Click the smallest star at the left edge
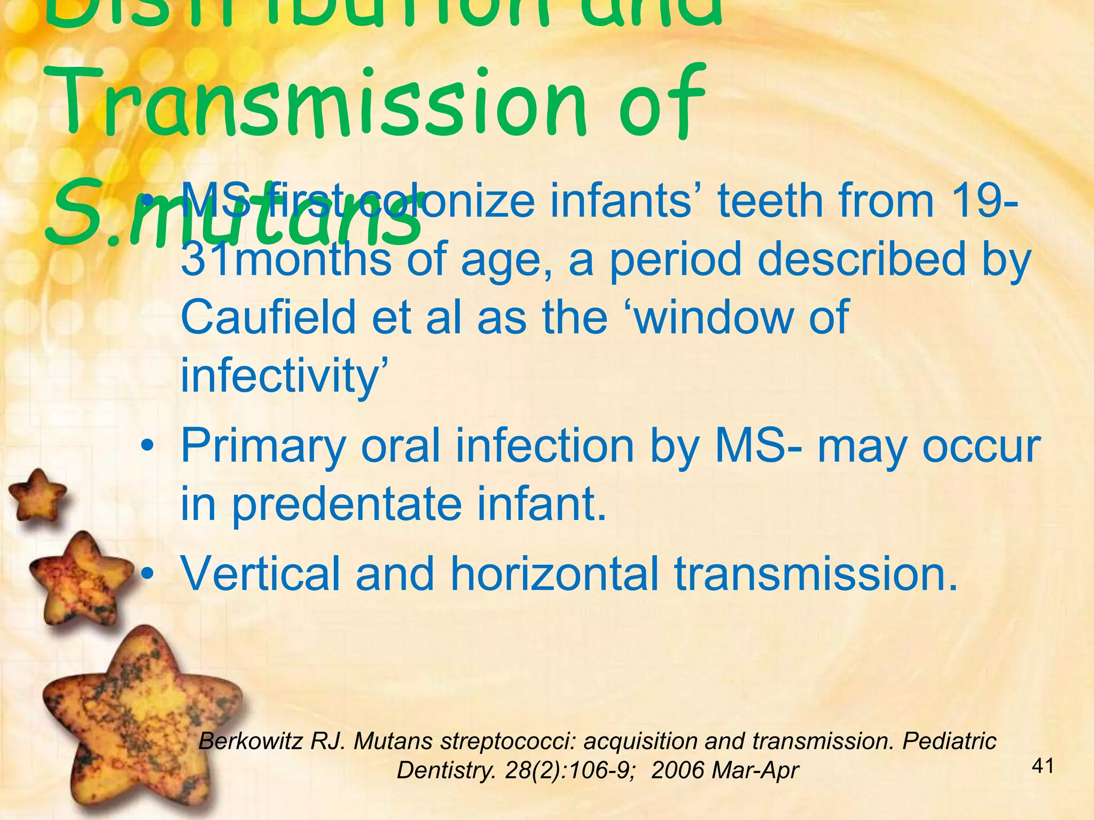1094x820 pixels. point(37,494)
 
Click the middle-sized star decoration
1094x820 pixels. point(80,574)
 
